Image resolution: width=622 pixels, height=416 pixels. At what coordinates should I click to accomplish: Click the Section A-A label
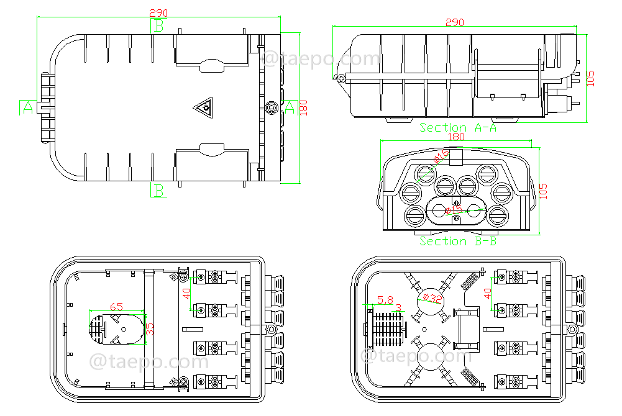pos(458,127)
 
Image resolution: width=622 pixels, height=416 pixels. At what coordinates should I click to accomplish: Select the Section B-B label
pos(458,241)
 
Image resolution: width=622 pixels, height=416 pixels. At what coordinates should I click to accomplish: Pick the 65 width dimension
pos(116,306)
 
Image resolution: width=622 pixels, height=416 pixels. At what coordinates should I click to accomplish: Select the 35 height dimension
pos(150,328)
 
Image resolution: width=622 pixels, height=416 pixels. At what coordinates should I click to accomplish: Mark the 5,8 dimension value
pos(385,299)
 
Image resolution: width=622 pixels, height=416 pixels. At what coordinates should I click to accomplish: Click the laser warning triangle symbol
pos(203,109)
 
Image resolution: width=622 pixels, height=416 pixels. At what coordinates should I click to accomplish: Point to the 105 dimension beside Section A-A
pos(590,78)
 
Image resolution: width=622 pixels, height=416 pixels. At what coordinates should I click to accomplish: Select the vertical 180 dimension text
pos(303,107)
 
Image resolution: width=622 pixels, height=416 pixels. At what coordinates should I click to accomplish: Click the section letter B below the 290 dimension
pos(159,25)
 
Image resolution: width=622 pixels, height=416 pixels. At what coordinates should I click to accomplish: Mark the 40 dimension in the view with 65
pos(187,292)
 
